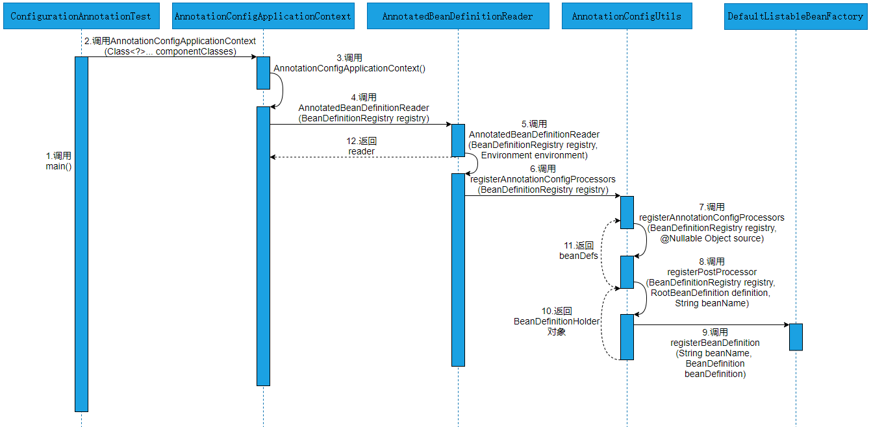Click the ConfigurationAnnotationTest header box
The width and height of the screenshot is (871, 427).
81,16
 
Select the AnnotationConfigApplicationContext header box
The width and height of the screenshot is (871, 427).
263,16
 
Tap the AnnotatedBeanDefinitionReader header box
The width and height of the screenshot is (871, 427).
458,16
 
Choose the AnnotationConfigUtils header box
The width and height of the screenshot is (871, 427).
627,16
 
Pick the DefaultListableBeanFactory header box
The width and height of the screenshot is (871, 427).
796,16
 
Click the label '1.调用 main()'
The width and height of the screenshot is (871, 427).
58,161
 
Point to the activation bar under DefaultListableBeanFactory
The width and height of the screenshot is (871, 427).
796,337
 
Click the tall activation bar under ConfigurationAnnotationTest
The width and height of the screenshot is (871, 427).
81,234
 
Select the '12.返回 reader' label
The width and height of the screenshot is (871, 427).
362,146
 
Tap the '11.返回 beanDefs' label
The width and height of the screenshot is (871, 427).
578,250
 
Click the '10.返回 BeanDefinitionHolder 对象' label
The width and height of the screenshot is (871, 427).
557,321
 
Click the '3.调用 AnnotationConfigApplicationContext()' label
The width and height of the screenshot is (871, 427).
349,63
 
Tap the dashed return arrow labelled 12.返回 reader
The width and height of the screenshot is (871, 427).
360,157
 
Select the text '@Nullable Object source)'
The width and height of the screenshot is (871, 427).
712,238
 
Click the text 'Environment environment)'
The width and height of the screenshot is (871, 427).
534,155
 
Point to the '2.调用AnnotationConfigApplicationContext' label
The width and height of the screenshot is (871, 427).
170,41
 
